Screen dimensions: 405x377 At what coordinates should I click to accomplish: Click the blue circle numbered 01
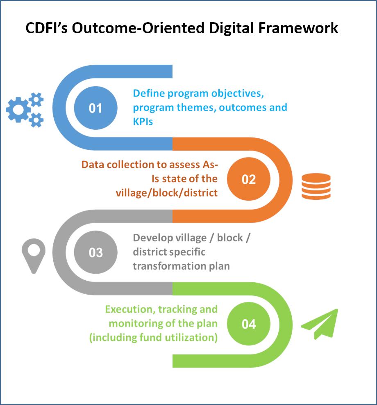(95, 108)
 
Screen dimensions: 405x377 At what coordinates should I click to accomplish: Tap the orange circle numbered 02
(249, 179)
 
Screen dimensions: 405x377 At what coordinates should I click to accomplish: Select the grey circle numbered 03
(95, 252)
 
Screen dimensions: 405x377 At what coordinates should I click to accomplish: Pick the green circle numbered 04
(249, 324)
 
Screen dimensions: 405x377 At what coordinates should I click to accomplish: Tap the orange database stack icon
(316, 187)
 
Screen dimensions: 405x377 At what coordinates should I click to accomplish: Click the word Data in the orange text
(93, 165)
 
